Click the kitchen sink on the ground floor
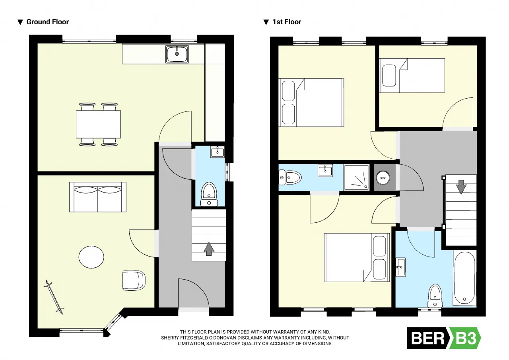(177, 54)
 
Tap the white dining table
(98, 125)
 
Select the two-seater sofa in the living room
(98, 197)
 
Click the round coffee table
(91, 257)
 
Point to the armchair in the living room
(134, 280)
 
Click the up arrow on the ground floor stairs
(209, 249)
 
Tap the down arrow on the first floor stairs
(461, 187)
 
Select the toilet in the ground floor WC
(209, 194)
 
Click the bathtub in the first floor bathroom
(464, 278)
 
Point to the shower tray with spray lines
(356, 177)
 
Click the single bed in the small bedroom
(412, 76)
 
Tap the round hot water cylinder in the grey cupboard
(383, 178)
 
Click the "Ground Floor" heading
(47, 22)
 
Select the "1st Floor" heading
(287, 22)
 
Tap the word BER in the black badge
(427, 338)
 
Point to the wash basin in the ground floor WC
(218, 152)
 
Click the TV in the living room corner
(54, 297)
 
